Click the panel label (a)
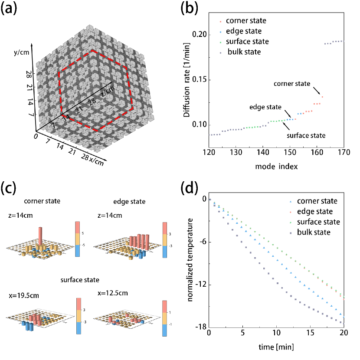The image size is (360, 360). point(13,10)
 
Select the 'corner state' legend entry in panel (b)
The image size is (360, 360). point(246,20)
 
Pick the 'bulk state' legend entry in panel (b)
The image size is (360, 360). point(244,52)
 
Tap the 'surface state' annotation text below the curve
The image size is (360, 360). point(306,135)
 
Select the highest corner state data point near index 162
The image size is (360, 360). point(322,97)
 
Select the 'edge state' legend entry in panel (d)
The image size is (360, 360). point(315,212)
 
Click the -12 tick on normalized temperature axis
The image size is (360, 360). point(200,285)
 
